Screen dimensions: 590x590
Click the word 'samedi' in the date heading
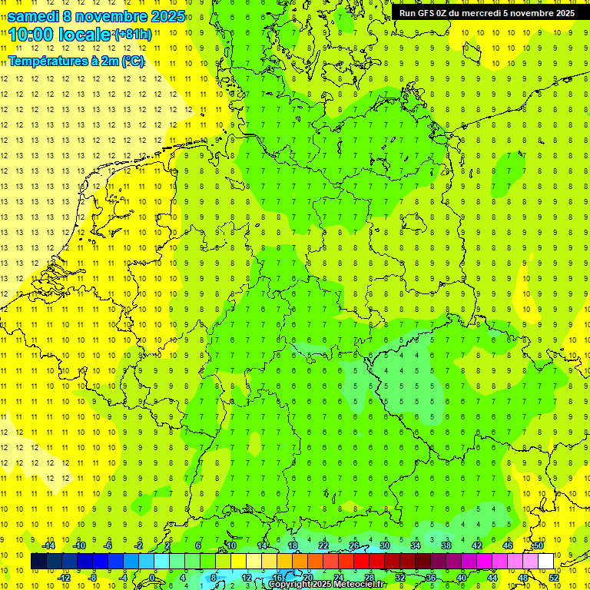click(33, 16)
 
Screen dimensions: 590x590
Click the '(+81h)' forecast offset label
click(133, 35)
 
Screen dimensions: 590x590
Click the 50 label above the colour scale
click(539, 545)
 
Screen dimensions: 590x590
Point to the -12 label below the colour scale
click(64, 578)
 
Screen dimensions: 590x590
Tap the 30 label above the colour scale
click(384, 545)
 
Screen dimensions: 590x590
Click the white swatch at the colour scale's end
click(545, 562)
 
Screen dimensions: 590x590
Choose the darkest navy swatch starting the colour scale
click(38, 562)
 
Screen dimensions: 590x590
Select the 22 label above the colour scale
click(323, 545)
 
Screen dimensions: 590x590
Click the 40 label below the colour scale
click(461, 578)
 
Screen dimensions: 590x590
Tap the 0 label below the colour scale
click(152, 578)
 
